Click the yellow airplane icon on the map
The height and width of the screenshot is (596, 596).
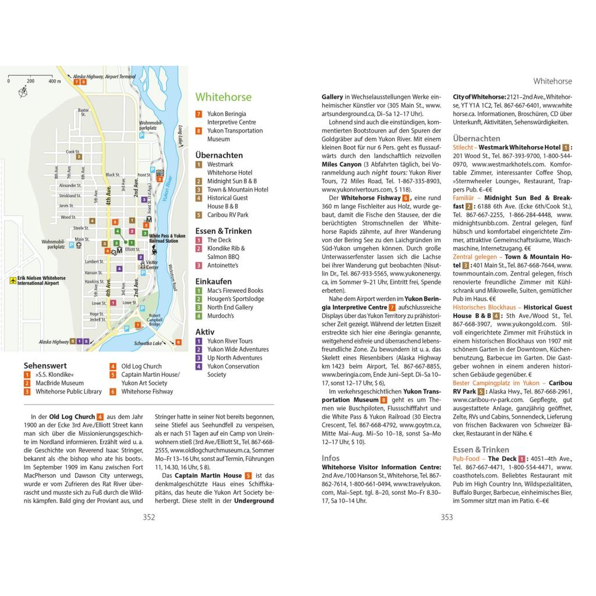[x=13, y=281]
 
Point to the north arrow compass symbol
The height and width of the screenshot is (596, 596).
[x=23, y=91]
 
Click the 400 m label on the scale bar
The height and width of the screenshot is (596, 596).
[x=55, y=81]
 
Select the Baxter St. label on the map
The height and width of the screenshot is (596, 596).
[x=84, y=112]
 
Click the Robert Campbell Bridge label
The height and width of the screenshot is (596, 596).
[x=154, y=319]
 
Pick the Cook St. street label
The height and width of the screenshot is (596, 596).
[x=73, y=151]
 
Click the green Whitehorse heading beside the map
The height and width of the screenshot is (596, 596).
[x=223, y=97]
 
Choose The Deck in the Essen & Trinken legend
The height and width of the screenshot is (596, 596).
[x=219, y=240]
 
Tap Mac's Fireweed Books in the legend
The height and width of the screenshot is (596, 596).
[x=235, y=290]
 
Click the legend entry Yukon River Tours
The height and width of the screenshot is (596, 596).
[x=230, y=341]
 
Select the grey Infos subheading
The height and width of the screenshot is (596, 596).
[x=331, y=458]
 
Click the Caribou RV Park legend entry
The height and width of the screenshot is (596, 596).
[x=228, y=215]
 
